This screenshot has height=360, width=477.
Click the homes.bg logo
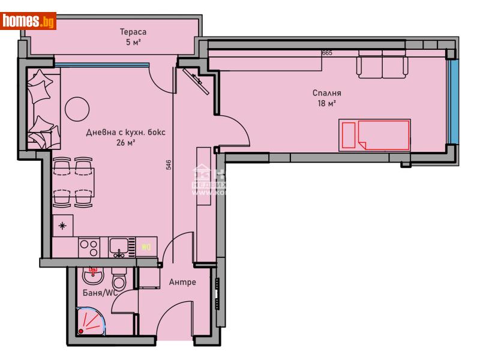click(29, 22)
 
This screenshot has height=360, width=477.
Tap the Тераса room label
click(133, 32)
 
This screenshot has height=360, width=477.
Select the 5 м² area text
click(133, 42)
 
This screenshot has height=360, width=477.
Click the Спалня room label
click(326, 93)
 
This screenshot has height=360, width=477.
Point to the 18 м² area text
click(326, 103)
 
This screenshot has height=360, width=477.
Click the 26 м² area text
click(126, 142)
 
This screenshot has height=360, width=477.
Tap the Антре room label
click(182, 282)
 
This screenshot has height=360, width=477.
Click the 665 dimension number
click(327, 53)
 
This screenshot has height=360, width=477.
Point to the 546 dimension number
click(169, 165)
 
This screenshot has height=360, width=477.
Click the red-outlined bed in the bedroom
click(374, 134)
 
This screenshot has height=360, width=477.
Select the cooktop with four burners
click(89, 247)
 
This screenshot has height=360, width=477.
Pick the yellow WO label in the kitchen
click(146, 247)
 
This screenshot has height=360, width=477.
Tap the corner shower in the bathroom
click(91, 322)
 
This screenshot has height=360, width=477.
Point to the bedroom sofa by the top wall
click(383, 64)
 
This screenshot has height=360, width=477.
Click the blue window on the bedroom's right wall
click(454, 102)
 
